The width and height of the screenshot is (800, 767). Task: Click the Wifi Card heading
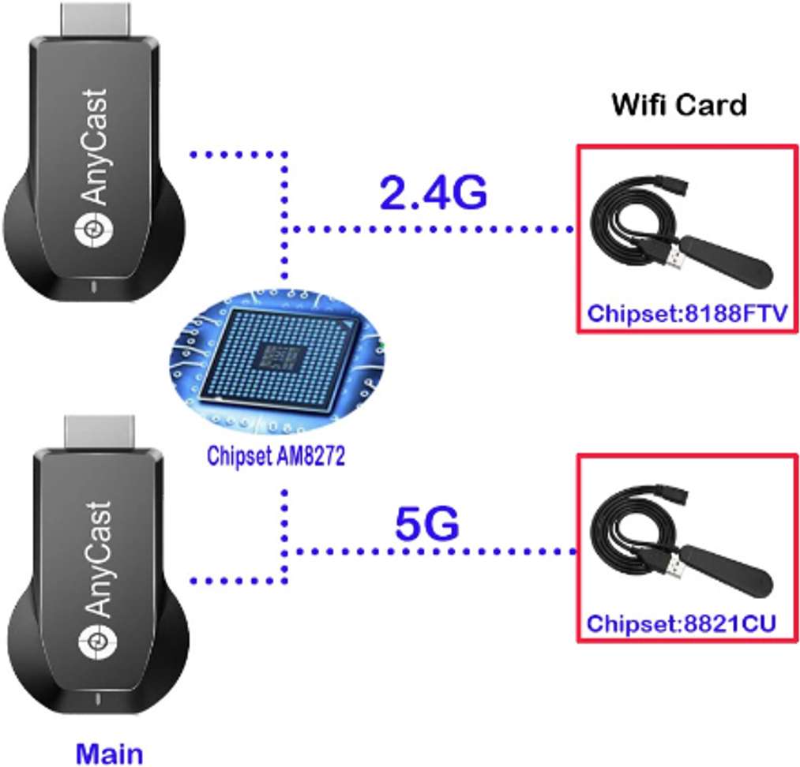click(678, 104)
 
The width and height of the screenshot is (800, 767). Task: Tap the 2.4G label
click(433, 193)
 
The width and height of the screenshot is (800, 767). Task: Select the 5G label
click(426, 525)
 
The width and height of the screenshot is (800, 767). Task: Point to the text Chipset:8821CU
click(681, 623)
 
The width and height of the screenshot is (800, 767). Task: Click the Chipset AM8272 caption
click(276, 457)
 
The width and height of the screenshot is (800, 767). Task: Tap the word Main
click(110, 752)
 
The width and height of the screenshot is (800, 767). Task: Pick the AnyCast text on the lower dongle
click(96, 559)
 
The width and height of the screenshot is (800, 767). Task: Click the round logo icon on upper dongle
click(92, 230)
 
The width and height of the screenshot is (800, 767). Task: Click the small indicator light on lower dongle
click(95, 698)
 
